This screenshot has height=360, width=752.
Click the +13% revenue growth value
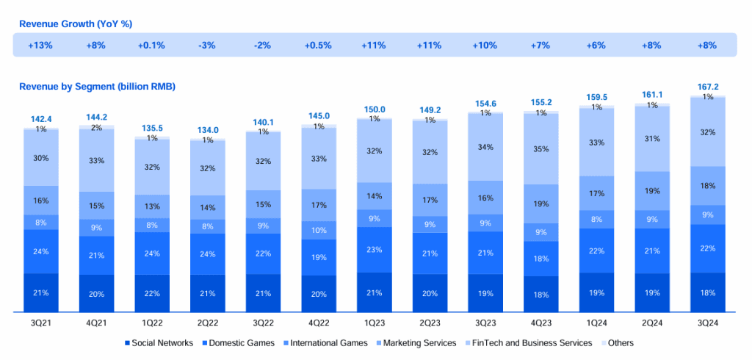tap(40, 46)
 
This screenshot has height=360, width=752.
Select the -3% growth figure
tap(206, 46)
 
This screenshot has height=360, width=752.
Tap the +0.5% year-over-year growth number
tap(318, 46)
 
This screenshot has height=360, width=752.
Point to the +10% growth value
tap(485, 46)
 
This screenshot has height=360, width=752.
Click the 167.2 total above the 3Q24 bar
tap(707, 87)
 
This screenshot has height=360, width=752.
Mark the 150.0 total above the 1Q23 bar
tap(374, 109)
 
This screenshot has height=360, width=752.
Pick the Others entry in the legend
tap(620, 343)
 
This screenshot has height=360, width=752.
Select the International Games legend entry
tap(324, 343)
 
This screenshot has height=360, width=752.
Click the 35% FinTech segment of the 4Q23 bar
tap(540, 148)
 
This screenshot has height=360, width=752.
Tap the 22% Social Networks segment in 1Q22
tap(151, 293)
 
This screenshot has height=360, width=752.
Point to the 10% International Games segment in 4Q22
tap(318, 231)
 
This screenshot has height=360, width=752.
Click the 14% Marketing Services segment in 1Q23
tap(374, 196)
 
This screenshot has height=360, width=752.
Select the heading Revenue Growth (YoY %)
tap(76, 24)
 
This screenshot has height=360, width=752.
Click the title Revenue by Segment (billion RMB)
tap(97, 87)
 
